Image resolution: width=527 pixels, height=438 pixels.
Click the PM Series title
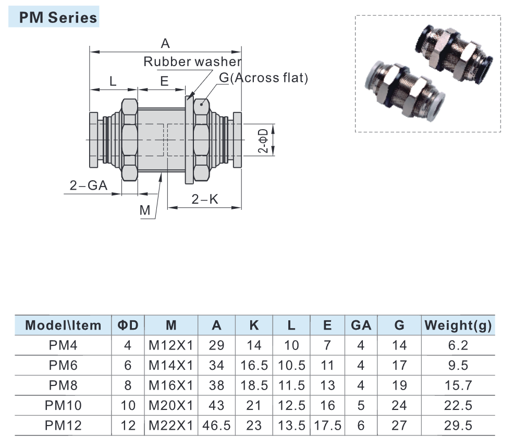pyautogui.click(x=58, y=18)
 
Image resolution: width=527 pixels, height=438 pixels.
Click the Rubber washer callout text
pyautogui.click(x=192, y=61)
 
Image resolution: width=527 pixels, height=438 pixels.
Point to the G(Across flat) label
pyautogui.click(x=264, y=78)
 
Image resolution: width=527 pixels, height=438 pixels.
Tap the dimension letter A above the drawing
pyautogui.click(x=165, y=44)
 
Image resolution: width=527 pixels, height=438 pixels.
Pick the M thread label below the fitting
pyautogui.click(x=145, y=210)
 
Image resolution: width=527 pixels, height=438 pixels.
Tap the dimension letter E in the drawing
pyautogui.click(x=164, y=81)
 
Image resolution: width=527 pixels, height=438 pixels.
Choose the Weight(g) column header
pyautogui.click(x=458, y=326)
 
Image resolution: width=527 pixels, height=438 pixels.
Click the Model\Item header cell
pyautogui.click(x=64, y=326)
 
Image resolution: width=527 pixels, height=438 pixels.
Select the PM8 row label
pyautogui.click(x=64, y=385)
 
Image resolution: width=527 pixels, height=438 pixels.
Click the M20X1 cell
pyautogui.click(x=171, y=405)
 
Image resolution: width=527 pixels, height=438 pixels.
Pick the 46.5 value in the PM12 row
pyautogui.click(x=216, y=425)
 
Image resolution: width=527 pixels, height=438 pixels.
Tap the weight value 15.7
pyautogui.click(x=458, y=385)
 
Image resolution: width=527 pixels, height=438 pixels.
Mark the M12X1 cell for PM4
pyautogui.click(x=171, y=345)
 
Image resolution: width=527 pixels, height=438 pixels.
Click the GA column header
pyautogui.click(x=361, y=326)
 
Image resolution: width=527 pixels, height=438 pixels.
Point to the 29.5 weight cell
pyautogui.click(x=458, y=425)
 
